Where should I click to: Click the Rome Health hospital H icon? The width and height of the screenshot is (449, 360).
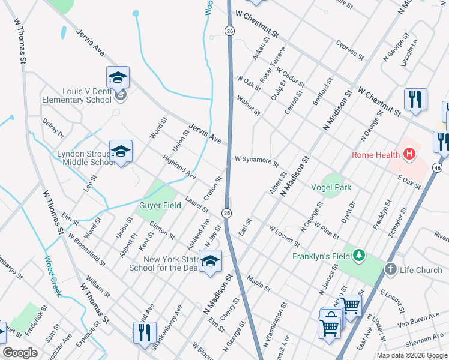(409, 155)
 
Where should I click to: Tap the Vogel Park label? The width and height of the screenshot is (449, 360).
(330, 187)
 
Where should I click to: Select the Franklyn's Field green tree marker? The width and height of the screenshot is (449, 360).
(359, 256)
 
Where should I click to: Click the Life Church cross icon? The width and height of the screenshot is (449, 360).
(390, 269)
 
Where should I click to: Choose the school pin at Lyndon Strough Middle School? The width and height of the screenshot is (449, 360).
(121, 152)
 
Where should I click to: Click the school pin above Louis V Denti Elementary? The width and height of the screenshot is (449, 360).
(118, 78)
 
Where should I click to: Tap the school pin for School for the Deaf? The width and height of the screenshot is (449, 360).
(210, 262)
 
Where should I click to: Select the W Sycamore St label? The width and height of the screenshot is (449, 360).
(256, 161)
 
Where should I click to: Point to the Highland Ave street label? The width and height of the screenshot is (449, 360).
(179, 167)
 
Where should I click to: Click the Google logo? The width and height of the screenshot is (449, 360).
(20, 353)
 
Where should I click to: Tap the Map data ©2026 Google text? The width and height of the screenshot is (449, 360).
(412, 355)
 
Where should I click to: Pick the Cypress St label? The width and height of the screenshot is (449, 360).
(350, 51)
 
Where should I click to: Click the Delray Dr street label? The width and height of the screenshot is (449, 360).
(53, 129)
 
